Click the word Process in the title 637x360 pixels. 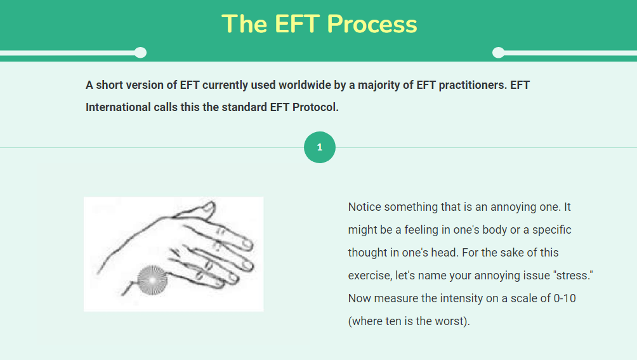point(372,24)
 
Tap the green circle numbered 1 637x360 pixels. point(320,147)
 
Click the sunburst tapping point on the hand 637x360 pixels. point(152,280)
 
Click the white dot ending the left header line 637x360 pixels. point(141,53)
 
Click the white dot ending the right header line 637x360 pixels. point(499,53)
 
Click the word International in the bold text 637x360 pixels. point(118,107)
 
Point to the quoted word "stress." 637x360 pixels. point(573,276)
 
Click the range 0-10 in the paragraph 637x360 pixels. point(565,298)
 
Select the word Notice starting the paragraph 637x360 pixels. point(364,207)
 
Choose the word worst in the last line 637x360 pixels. point(450,321)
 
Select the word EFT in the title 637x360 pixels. point(296,24)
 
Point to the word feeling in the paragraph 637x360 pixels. point(421,230)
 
